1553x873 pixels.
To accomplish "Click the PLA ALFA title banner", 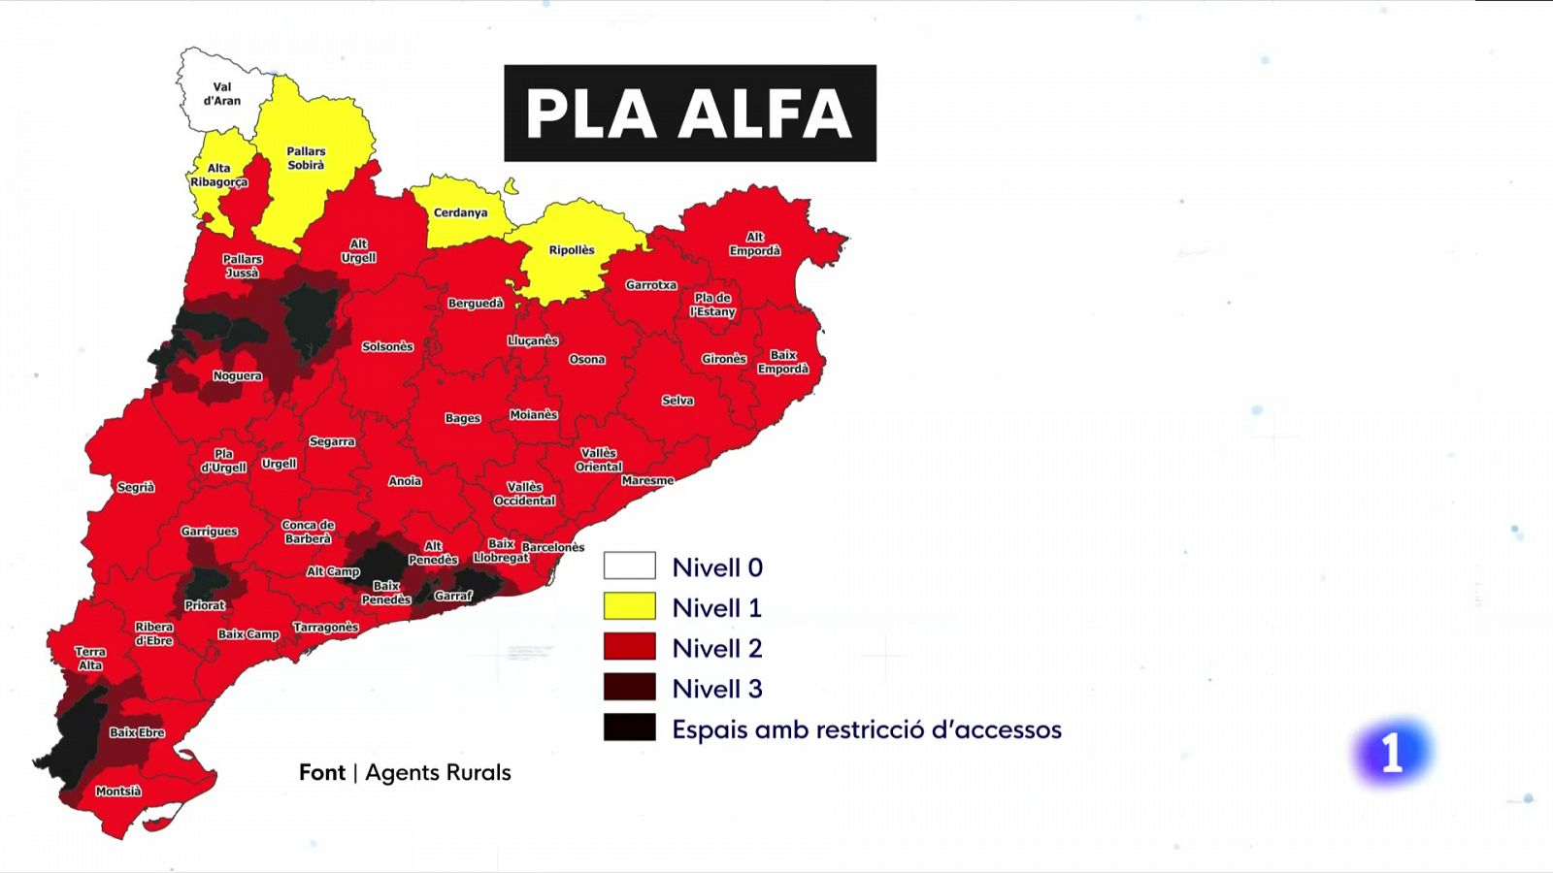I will [x=689, y=113].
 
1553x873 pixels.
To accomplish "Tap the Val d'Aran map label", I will [x=222, y=94].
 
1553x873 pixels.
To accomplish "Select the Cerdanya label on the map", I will [x=460, y=212].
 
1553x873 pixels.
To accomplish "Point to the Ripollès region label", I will [x=572, y=250].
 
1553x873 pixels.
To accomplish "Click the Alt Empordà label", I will [x=755, y=244].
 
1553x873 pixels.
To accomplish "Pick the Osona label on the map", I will [x=587, y=360].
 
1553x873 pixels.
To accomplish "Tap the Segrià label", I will [x=136, y=488].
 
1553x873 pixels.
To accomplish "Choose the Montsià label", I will [x=118, y=792].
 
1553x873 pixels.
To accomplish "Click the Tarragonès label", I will [x=326, y=628].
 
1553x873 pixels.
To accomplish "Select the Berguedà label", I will [x=476, y=304].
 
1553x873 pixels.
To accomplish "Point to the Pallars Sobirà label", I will [x=306, y=158].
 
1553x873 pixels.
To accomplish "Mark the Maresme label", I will [x=647, y=481].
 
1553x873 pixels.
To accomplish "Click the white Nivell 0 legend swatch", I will [x=629, y=566].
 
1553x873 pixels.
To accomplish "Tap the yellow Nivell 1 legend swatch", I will [x=629, y=607].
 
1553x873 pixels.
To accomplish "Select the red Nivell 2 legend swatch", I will [x=629, y=647].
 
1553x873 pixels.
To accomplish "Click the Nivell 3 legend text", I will [x=717, y=689].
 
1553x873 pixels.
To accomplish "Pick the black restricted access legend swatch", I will [x=629, y=727].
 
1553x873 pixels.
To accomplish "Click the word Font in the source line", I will [x=322, y=773].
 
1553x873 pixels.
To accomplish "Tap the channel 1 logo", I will [x=1392, y=753].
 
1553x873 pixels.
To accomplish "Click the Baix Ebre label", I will [x=137, y=733].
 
